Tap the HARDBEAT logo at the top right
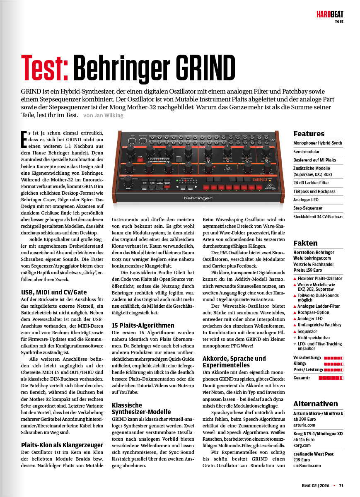(330, 14)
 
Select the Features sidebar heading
(309, 133)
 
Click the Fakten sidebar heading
(305, 243)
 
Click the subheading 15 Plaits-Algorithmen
(143, 325)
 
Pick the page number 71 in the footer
(341, 485)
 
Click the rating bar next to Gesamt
(331, 378)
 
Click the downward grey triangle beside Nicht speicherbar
(295, 338)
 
